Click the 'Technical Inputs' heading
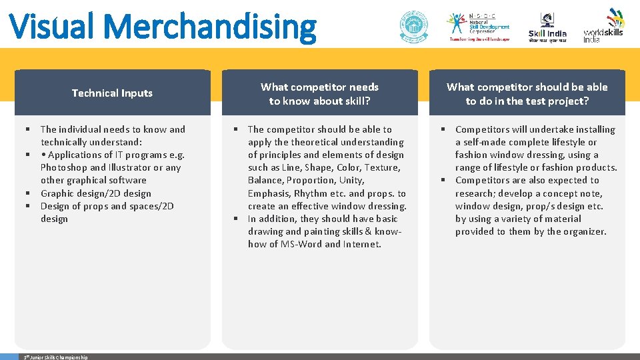click(x=112, y=93)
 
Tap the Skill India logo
click(x=547, y=27)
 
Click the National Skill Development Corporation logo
click(x=479, y=27)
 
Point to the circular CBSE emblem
click(x=413, y=27)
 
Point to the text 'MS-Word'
click(x=303, y=244)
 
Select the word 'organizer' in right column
click(x=585, y=231)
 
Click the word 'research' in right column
click(x=476, y=193)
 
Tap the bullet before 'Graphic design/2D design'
click(x=29, y=193)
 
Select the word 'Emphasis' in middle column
click(x=269, y=193)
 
